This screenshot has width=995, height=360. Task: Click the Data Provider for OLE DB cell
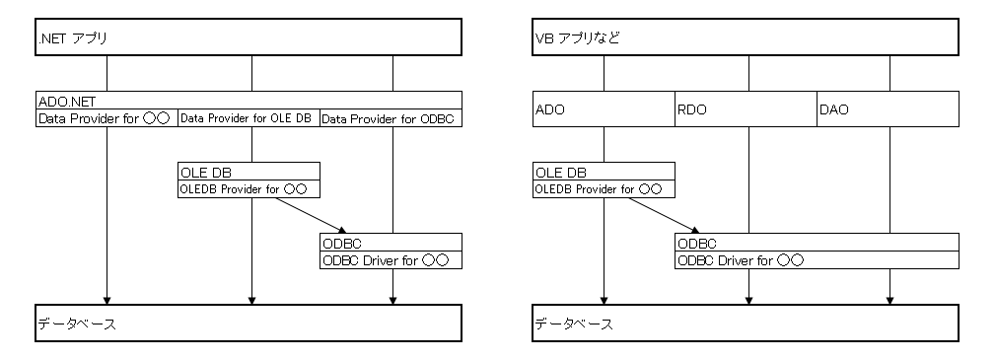coord(249,118)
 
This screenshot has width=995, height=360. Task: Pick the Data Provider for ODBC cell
coord(391,118)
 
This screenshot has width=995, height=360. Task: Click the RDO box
coord(746,109)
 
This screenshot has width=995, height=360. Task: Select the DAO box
coord(888,109)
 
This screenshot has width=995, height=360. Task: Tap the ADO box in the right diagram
coord(604,109)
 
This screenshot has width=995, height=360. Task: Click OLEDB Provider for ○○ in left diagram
coord(249,188)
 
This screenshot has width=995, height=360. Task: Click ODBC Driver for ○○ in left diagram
coord(391,260)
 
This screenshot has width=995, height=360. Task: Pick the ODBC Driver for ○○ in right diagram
coord(817,260)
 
